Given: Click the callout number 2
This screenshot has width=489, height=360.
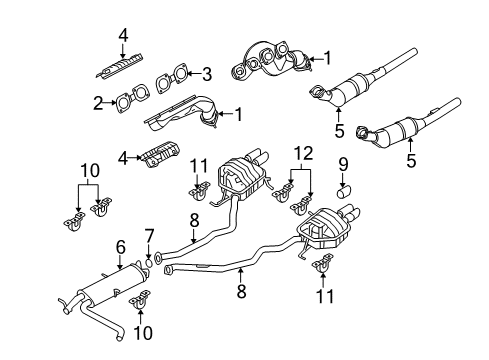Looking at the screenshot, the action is click(x=98, y=103).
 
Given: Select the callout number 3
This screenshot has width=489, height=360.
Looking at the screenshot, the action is click(x=207, y=74).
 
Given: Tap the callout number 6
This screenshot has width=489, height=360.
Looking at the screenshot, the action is click(x=121, y=247).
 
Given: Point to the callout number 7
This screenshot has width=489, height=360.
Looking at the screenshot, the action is click(x=149, y=236).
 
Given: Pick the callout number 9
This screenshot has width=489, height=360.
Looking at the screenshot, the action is click(x=343, y=165).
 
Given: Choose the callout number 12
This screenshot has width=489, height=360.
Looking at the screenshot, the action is click(x=304, y=154).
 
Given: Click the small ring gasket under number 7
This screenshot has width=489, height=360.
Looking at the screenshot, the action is click(x=149, y=264).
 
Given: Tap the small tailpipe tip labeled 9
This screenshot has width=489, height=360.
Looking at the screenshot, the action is click(x=344, y=193).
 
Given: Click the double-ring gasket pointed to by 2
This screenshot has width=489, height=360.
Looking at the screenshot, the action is click(x=132, y=97).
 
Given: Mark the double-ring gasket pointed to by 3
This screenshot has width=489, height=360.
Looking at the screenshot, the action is click(x=172, y=78).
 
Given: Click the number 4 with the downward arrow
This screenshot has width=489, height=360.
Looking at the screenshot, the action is click(x=123, y=35).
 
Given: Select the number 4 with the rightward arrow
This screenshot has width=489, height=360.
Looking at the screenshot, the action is click(x=123, y=158).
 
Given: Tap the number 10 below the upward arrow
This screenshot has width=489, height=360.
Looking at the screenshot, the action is click(x=143, y=333).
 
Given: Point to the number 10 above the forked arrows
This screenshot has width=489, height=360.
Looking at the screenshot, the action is click(x=90, y=170).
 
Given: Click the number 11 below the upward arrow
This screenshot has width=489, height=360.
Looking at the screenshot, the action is click(x=324, y=296).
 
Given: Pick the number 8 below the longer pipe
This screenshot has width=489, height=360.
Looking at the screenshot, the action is click(x=241, y=291).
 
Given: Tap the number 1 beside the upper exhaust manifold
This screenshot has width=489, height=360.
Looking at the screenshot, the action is click(x=328, y=58).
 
